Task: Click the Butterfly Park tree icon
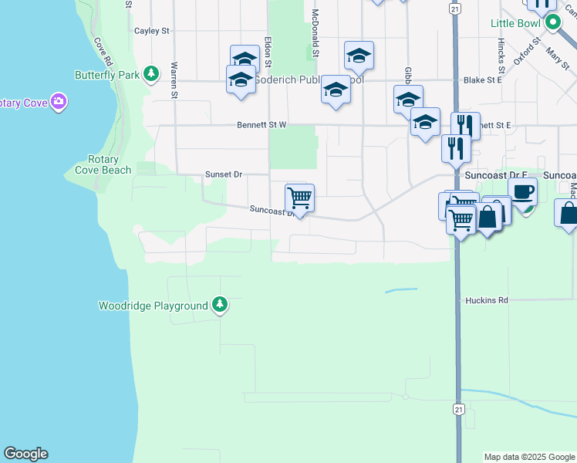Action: click(x=153, y=74)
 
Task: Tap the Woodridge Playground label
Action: click(x=153, y=306)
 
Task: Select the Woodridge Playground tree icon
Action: click(x=220, y=306)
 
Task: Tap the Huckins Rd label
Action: click(x=487, y=300)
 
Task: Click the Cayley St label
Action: click(x=151, y=31)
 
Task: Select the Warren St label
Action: click(x=175, y=80)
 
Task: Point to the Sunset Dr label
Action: click(x=224, y=174)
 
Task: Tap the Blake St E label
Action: click(x=483, y=79)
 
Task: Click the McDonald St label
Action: click(x=315, y=34)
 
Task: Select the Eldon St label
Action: click(x=268, y=51)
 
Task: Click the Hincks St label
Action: click(x=501, y=53)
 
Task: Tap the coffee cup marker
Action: click(x=522, y=191)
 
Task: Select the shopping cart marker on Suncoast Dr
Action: click(x=299, y=198)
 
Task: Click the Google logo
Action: click(x=25, y=454)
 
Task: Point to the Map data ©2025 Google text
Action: click(x=528, y=457)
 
